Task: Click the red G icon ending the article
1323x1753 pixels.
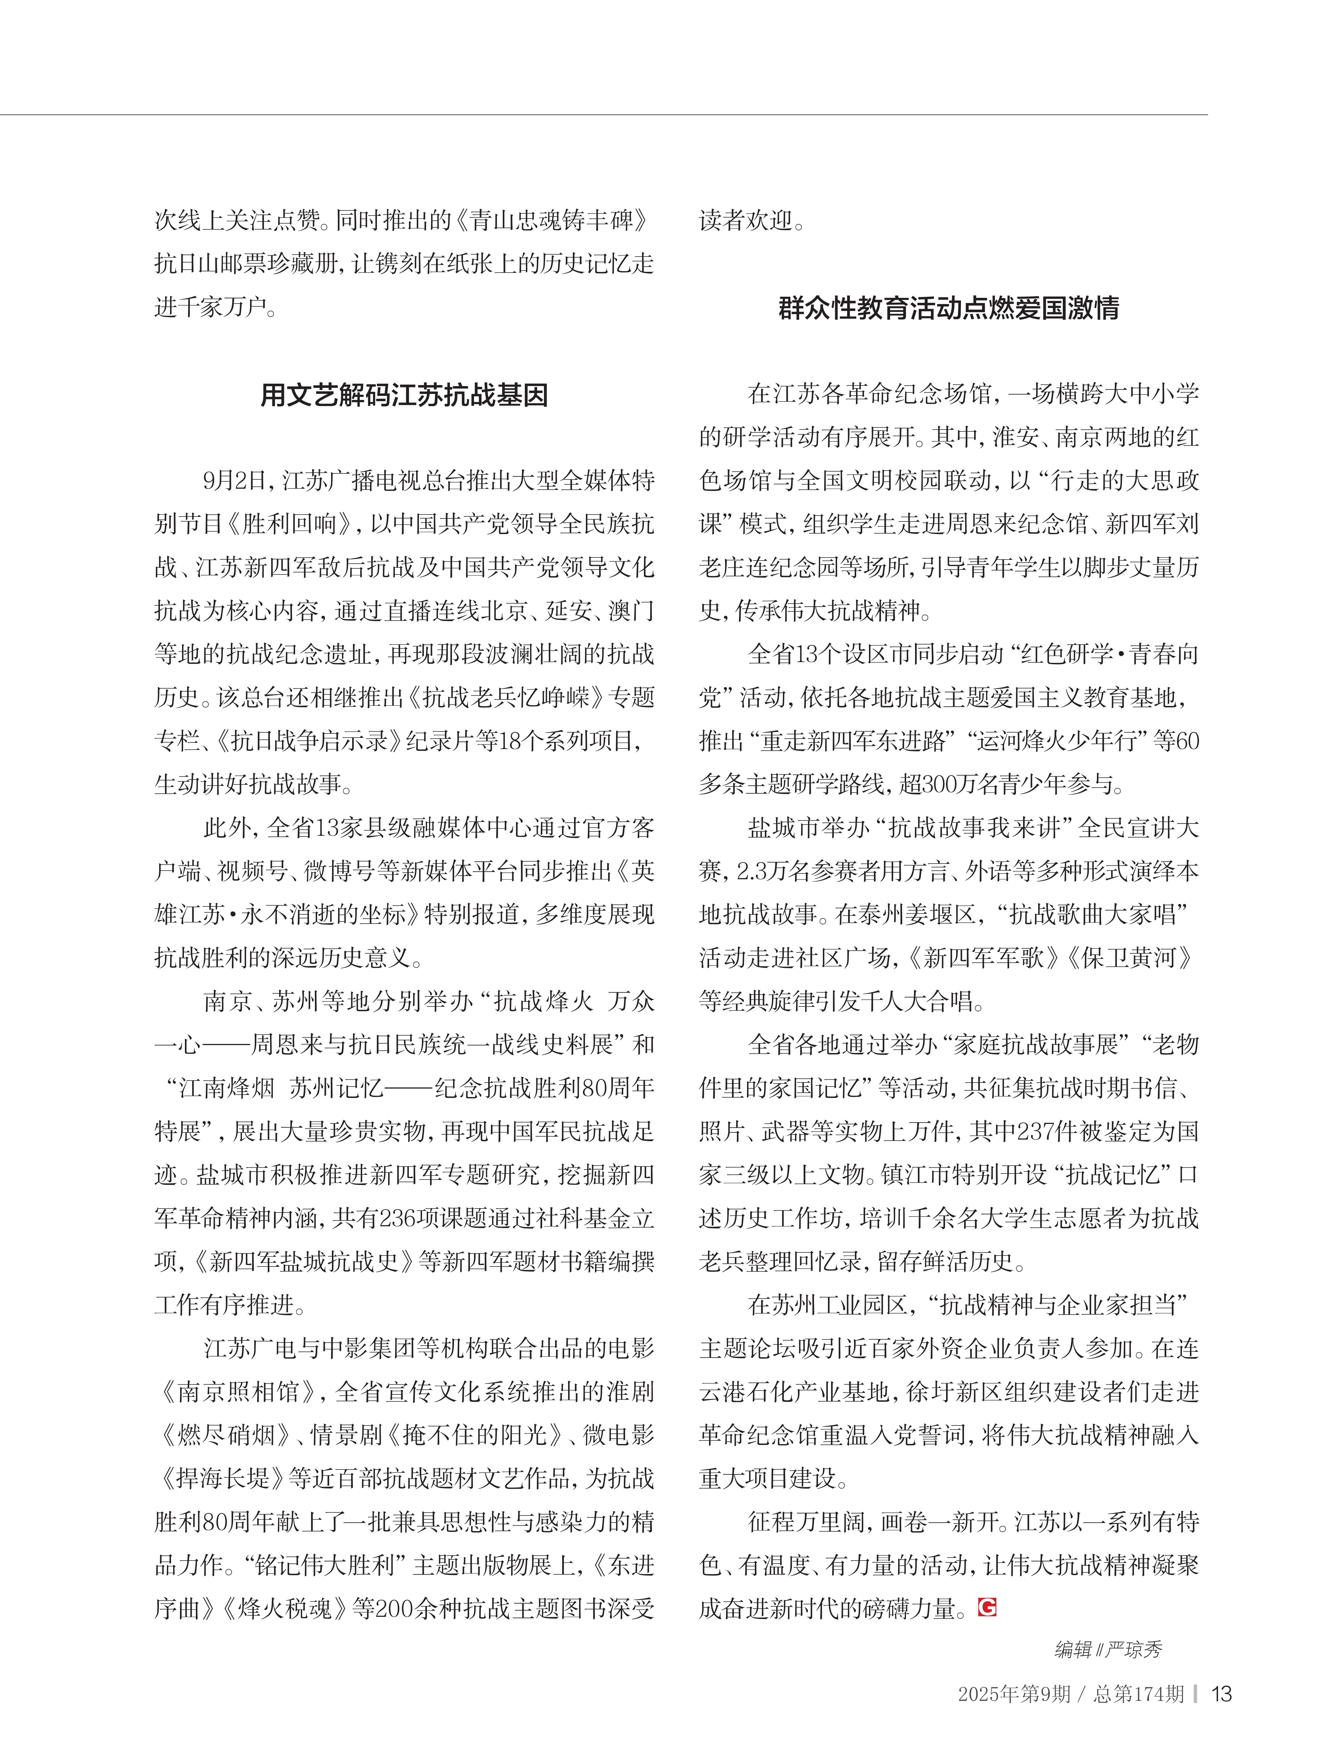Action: (987, 1608)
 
